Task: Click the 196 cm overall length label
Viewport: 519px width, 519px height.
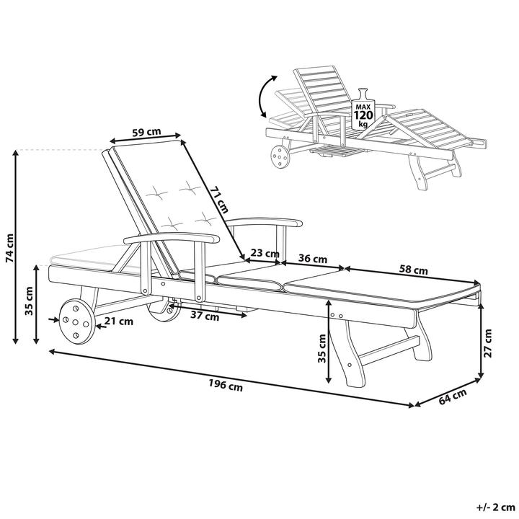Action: [x=226, y=385]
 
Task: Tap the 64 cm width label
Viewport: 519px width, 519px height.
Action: [x=453, y=396]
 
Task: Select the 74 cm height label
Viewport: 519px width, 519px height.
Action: [x=10, y=248]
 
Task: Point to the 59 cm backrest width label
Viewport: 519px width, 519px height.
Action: [x=146, y=132]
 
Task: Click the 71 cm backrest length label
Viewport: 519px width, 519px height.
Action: [x=219, y=200]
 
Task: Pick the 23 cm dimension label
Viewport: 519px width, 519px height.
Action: [x=265, y=254]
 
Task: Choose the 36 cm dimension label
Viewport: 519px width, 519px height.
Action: [x=313, y=258]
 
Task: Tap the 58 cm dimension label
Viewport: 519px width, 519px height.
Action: [x=413, y=270]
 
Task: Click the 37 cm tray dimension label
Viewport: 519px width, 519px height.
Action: [x=205, y=316]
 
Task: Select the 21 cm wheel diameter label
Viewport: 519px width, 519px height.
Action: [x=119, y=321]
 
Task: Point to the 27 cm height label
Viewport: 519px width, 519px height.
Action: [x=488, y=343]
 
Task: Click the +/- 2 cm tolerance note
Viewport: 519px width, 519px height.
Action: [x=495, y=507]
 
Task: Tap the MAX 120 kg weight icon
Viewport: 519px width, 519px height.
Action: [x=363, y=110]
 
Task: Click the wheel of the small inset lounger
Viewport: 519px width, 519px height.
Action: [x=280, y=158]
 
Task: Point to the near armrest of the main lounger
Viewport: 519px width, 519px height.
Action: [x=172, y=237]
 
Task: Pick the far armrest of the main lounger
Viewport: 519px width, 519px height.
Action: [x=265, y=222]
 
